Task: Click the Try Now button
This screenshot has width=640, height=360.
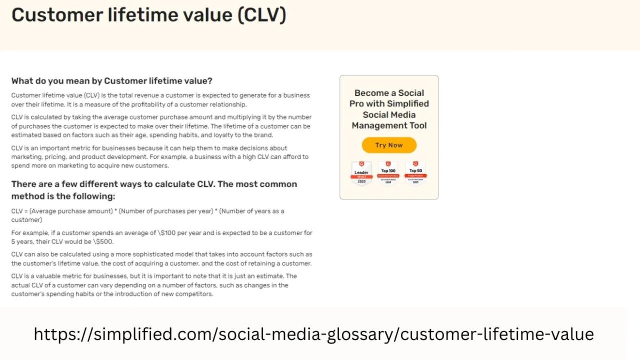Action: tap(389, 145)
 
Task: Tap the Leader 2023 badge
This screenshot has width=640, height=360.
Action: tap(362, 173)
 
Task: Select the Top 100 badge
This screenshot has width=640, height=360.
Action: tap(388, 173)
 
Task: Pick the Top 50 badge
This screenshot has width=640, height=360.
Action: tap(416, 173)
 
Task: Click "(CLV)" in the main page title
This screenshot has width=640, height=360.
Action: tap(262, 15)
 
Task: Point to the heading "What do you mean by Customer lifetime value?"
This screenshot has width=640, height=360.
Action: tap(112, 81)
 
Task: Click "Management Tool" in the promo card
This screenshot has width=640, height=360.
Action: tap(389, 126)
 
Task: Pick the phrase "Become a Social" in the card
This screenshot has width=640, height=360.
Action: tap(389, 93)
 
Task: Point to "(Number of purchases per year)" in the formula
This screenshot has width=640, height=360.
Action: tap(166, 211)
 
